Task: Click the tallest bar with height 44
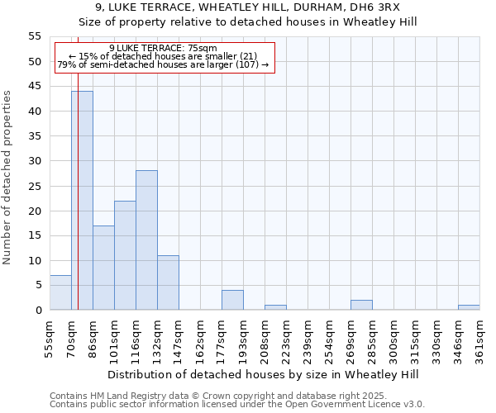coord(82,201)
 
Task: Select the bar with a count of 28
coord(146,240)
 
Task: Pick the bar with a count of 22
coord(125,255)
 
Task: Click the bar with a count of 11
coord(168,282)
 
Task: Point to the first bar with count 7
coord(60,292)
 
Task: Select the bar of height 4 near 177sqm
coord(232,301)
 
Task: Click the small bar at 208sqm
coord(275,307)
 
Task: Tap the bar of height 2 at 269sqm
coord(361,305)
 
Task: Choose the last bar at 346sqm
coord(469,307)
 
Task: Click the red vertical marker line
coord(78,206)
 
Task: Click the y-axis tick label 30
coord(34,161)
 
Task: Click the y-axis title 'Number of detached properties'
coord(7,178)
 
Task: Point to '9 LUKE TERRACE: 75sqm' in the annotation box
coord(163,48)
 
